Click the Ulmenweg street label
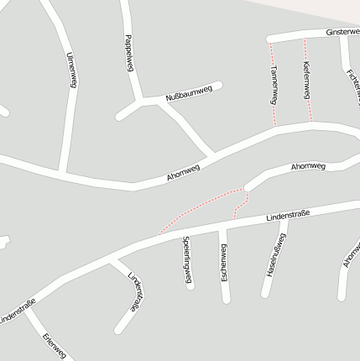(72, 69)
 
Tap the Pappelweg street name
(128, 53)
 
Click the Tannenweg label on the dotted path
(274, 86)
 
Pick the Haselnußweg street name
(276, 255)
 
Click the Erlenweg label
(54, 346)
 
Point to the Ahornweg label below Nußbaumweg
(183, 174)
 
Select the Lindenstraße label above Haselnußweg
(288, 216)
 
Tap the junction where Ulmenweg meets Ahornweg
(62, 171)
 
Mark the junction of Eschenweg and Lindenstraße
(223, 224)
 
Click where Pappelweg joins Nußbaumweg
(139, 102)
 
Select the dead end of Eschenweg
(225, 300)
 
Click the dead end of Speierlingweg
(190, 286)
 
